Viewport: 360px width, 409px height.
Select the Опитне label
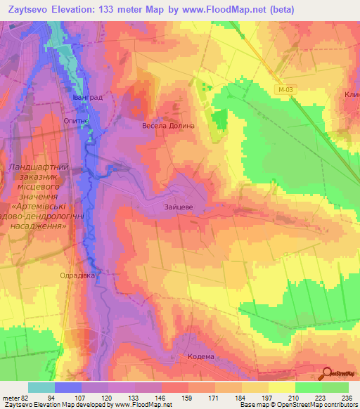(x=76, y=121)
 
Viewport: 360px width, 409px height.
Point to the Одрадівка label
(x=77, y=275)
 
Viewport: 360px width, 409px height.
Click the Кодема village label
(x=201, y=357)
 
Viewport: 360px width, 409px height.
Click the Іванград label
(x=88, y=98)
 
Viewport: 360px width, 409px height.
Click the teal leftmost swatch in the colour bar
(x=41, y=387)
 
